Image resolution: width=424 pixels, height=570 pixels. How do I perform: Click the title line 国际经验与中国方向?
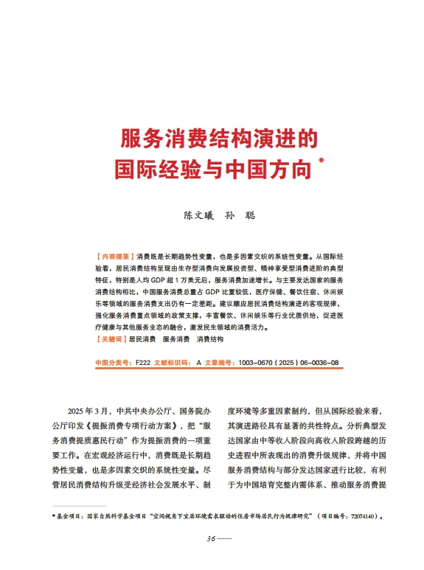[x=213, y=170]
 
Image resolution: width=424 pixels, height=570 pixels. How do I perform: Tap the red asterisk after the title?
[x=321, y=160]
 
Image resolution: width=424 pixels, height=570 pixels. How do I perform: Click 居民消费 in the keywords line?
[x=142, y=319]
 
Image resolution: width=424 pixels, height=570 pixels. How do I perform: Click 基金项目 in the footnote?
[x=71, y=517]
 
